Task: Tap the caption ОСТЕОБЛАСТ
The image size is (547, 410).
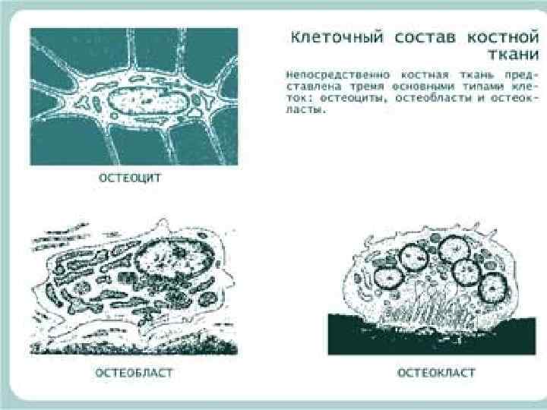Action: (135, 373)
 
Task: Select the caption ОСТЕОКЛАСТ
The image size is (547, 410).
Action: (437, 373)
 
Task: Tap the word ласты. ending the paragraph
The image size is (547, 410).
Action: (305, 109)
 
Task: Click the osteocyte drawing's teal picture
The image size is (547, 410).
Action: (61, 61)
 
